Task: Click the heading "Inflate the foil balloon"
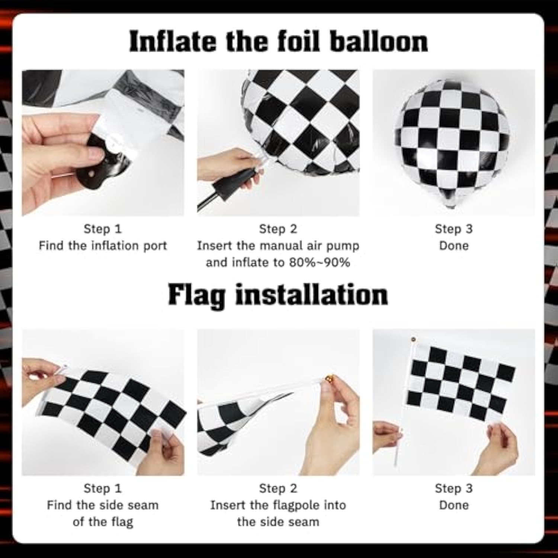point(278,42)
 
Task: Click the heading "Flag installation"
point(278,295)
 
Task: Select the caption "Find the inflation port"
point(103,246)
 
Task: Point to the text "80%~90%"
point(319,263)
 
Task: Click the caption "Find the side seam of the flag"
point(103,513)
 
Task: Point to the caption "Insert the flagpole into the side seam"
point(278,513)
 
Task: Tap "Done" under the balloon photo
point(453,246)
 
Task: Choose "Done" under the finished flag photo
point(453,505)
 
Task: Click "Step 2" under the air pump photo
point(278,229)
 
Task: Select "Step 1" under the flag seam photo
point(103,488)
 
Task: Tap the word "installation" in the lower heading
point(312,295)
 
